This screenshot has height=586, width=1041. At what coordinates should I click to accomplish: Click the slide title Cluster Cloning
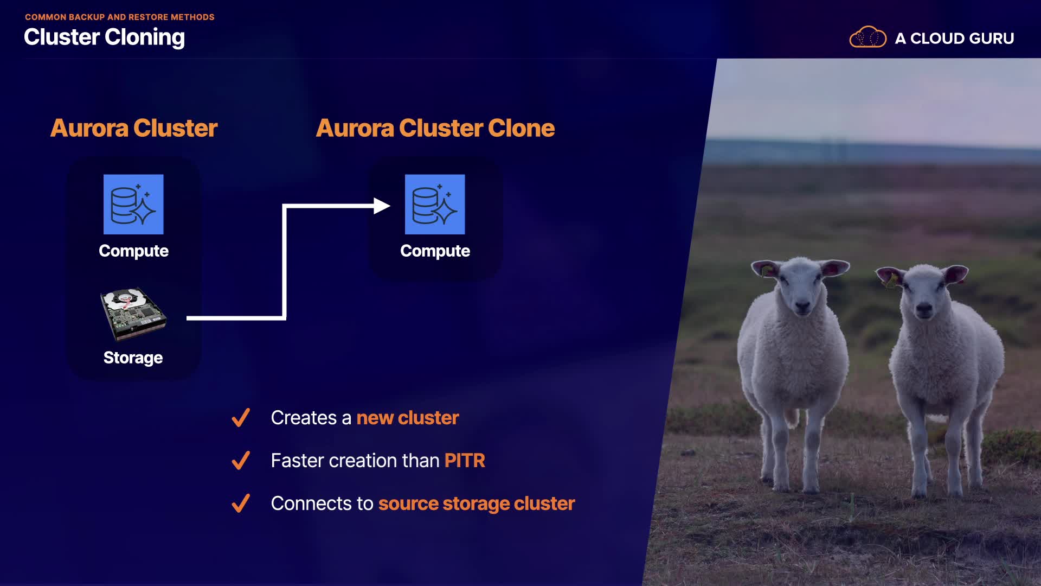click(x=104, y=37)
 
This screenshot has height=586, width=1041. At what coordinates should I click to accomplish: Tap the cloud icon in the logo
click(x=868, y=37)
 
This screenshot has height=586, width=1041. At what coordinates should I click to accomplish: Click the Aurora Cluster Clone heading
click(x=435, y=128)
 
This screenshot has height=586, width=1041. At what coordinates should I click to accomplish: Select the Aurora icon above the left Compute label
click(x=133, y=204)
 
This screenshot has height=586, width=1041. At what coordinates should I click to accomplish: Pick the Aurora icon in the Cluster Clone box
click(x=435, y=204)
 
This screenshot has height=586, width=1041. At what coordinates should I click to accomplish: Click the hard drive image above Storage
click(x=133, y=314)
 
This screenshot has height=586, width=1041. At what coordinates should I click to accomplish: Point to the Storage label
click(x=133, y=358)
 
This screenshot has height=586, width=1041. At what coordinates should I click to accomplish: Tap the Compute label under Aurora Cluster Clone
click(x=435, y=251)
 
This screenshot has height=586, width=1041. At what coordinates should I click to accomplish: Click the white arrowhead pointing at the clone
click(x=382, y=206)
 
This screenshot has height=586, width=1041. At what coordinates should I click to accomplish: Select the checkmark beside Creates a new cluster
click(x=241, y=417)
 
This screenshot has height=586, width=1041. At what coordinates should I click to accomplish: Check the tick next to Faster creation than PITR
click(x=241, y=460)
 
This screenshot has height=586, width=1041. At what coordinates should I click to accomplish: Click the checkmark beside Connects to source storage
click(x=241, y=503)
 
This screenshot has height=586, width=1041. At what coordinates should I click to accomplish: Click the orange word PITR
click(x=465, y=461)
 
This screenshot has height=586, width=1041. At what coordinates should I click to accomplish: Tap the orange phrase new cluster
click(x=408, y=418)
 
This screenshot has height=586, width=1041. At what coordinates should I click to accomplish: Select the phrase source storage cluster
click(x=477, y=504)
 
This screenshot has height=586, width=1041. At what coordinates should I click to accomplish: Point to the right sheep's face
click(x=923, y=293)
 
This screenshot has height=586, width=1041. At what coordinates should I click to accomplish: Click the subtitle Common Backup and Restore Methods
click(x=120, y=17)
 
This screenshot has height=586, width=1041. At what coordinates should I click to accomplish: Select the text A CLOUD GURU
click(x=954, y=39)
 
